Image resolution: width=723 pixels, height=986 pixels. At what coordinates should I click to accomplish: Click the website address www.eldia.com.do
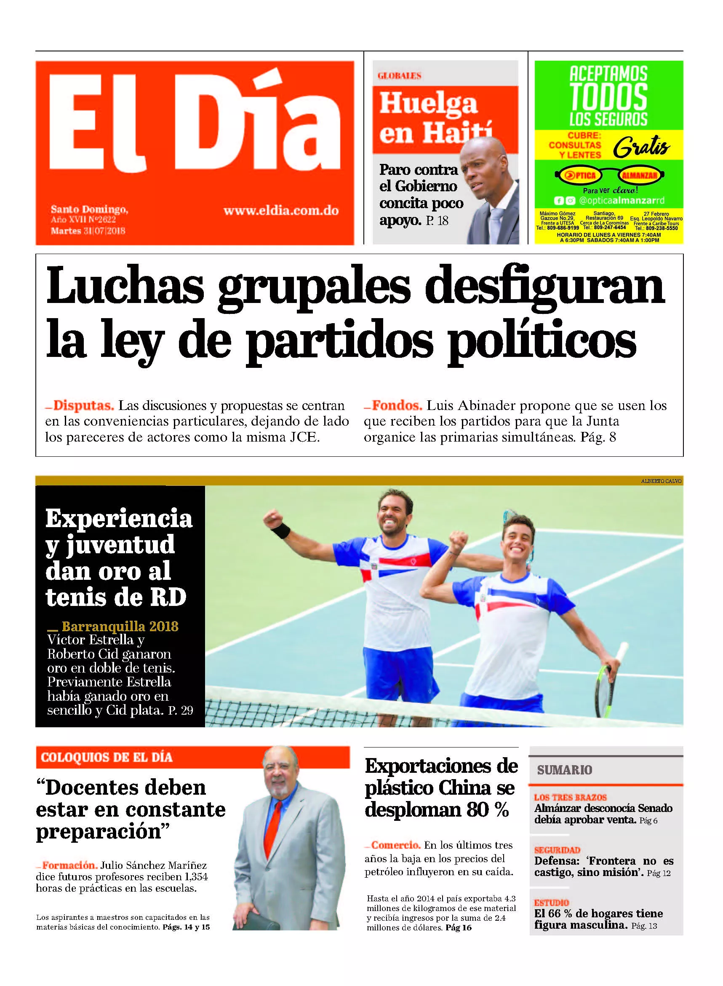281,211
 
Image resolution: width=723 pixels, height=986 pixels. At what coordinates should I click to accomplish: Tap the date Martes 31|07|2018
88,231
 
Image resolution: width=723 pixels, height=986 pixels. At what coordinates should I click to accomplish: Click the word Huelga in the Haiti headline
428,104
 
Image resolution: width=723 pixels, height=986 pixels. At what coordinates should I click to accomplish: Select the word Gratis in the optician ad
641,147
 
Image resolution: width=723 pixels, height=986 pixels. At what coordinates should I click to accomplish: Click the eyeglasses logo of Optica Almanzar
609,176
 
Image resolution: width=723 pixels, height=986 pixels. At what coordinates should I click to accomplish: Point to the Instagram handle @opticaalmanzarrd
622,201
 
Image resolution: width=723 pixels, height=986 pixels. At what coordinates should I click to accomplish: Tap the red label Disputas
83,405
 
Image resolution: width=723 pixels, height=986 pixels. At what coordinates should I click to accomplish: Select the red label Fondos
397,405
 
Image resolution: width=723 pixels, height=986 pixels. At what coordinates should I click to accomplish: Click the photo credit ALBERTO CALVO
661,481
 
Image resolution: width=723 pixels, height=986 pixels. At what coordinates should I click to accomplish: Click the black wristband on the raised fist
280,531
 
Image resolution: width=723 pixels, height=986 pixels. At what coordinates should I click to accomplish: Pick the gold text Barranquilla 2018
120,627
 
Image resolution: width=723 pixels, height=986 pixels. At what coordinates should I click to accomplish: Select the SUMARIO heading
564,770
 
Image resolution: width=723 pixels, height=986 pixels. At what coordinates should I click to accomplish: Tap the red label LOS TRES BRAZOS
570,797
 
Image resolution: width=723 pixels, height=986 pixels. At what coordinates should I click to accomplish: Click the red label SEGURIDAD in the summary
557,850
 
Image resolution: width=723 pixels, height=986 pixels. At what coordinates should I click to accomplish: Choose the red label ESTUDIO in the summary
552,903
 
